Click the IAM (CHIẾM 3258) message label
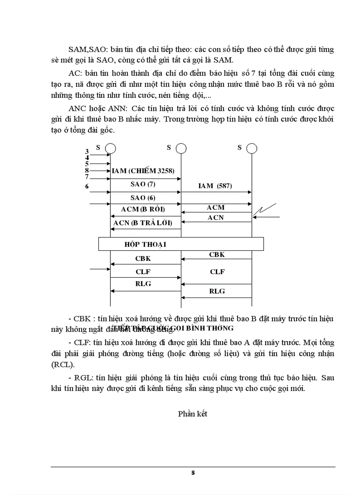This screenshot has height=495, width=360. pyautogui.click(x=146, y=171)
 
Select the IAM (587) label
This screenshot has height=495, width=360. pyautogui.click(x=216, y=186)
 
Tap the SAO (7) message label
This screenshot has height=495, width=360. pyautogui.click(x=143, y=184)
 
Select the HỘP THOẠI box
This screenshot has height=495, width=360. pyautogui.click(x=180, y=244)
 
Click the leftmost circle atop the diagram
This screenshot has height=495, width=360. pyautogui.click(x=110, y=148)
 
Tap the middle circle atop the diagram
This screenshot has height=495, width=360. pyautogui.click(x=181, y=148)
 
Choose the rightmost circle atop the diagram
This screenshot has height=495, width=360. pyautogui.click(x=251, y=148)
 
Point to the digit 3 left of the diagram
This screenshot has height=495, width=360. pyautogui.click(x=87, y=152)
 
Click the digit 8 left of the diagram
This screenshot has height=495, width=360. pyautogui.click(x=87, y=170)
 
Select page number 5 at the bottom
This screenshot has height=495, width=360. pyautogui.click(x=193, y=473)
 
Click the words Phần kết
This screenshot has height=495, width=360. pyautogui.click(x=193, y=413)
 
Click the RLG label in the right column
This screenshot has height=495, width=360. pyautogui.click(x=217, y=291)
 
